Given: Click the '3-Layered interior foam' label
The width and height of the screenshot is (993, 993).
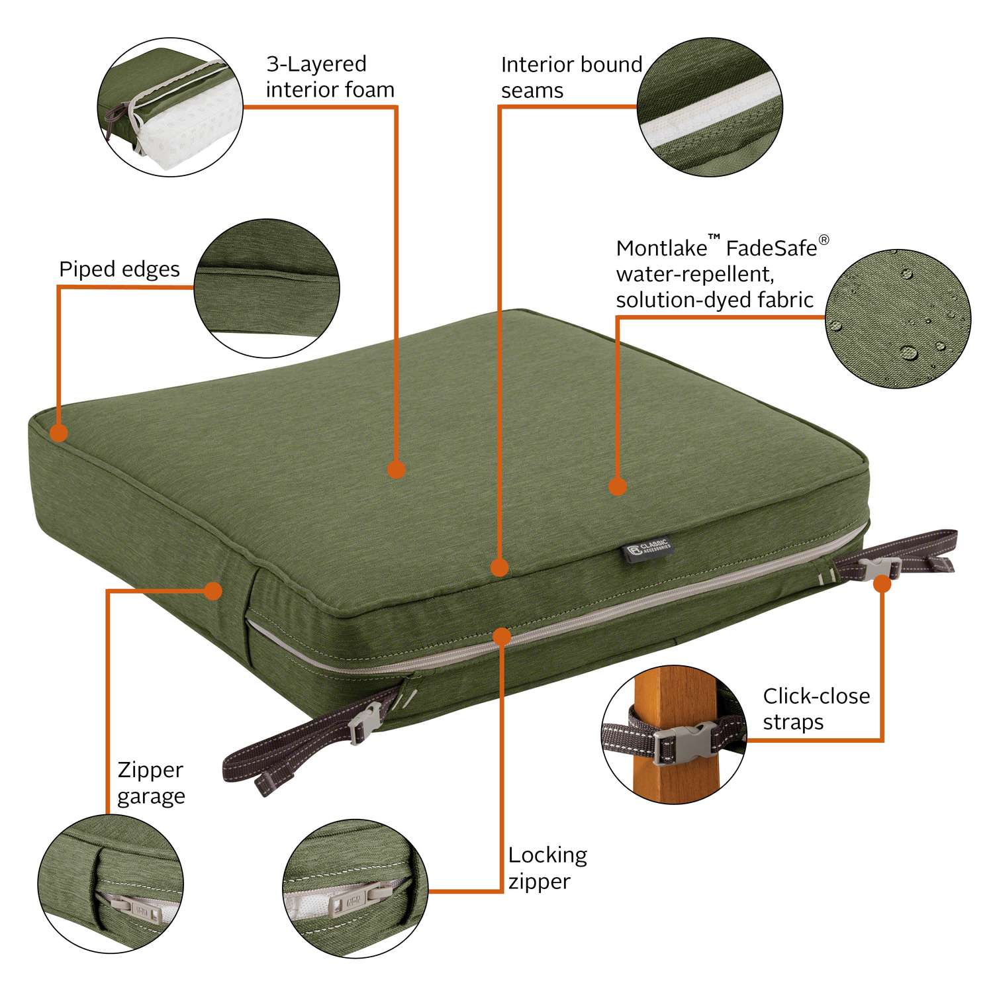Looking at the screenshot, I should [329, 77].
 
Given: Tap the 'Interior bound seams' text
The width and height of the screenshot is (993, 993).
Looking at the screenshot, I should [571, 77].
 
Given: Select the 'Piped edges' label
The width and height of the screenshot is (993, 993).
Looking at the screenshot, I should [119, 269].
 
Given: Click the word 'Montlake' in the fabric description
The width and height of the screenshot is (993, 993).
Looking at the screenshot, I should [661, 249].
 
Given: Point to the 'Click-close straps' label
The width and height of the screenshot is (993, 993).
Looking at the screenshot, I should [816, 709].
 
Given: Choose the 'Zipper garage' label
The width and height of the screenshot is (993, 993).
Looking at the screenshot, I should [151, 783].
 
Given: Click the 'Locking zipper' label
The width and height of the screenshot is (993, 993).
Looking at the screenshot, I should [547, 869].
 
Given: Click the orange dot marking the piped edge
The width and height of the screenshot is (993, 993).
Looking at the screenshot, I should [59, 434].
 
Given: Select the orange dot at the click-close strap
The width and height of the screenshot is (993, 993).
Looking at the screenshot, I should [882, 584].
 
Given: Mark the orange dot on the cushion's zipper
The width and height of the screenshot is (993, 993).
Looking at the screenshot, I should [502, 637].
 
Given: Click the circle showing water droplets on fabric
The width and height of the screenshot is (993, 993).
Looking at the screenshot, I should [898, 318].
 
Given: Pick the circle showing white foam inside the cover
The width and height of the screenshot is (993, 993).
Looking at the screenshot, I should [170, 107].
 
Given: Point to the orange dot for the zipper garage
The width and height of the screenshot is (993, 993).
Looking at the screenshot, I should [213, 591].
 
